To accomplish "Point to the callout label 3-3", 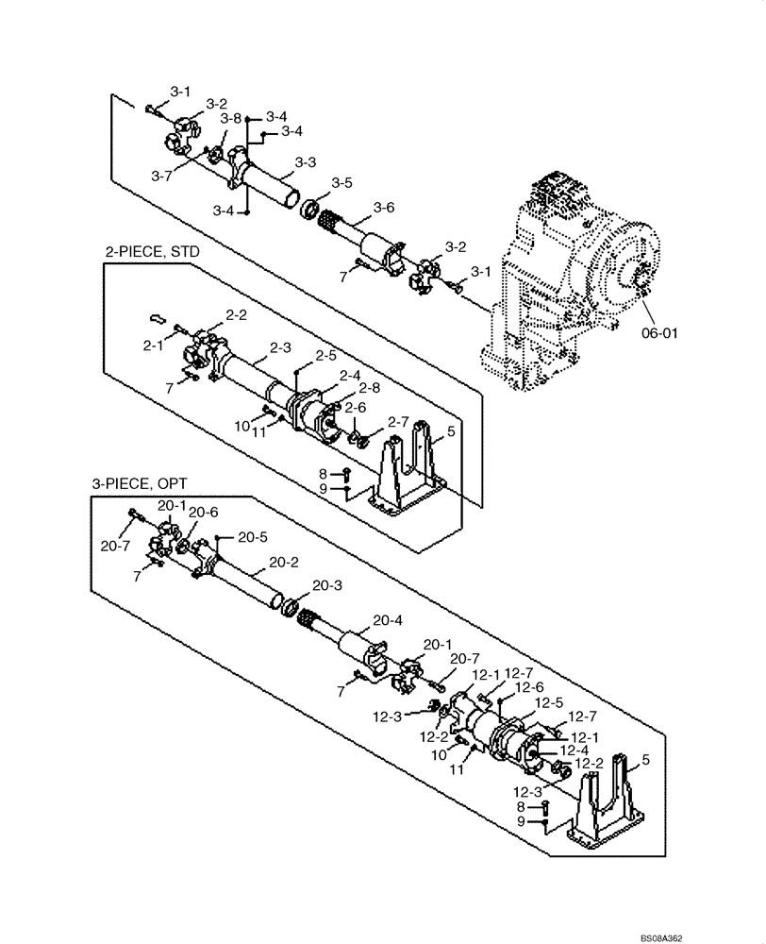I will click(304, 162).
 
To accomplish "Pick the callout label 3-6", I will click(384, 207).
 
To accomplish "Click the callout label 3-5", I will click(341, 182).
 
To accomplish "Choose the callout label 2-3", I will click(280, 347).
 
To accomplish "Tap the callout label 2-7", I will click(399, 421).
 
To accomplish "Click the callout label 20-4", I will click(388, 620).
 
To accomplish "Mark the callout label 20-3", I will click(326, 585).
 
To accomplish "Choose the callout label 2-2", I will click(236, 314).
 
